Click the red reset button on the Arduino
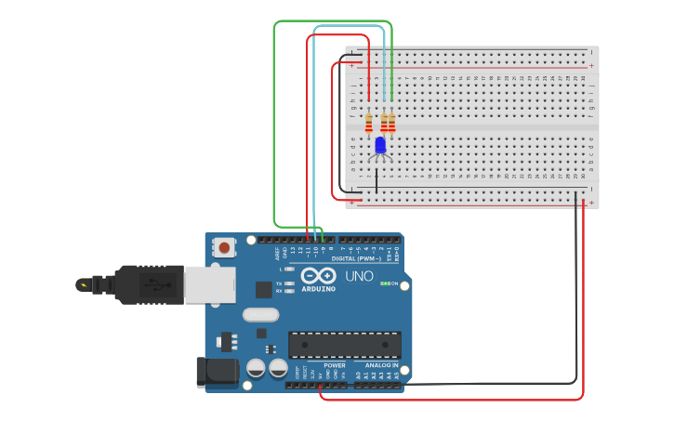224,247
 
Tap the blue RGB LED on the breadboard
379,145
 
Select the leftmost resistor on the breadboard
369,123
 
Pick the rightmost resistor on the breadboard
391,123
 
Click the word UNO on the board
359,276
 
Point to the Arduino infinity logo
318,276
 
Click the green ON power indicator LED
384,283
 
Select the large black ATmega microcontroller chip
345,345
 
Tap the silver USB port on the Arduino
209,285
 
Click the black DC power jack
212,372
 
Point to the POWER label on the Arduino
335,365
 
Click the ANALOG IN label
381,365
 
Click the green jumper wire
274,121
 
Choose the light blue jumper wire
314,130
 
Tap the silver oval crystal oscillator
261,315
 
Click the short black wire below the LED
377,179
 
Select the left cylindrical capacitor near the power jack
256,368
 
